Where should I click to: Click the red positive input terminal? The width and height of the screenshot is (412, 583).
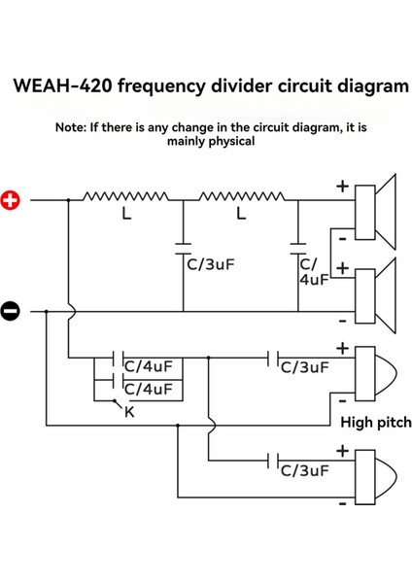tap(11, 200)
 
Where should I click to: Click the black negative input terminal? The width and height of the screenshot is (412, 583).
tap(11, 311)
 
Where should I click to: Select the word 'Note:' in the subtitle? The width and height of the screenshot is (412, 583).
tap(74, 126)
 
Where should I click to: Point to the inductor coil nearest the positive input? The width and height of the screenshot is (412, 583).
tap(126, 197)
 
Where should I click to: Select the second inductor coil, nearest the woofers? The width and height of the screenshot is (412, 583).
tap(241, 197)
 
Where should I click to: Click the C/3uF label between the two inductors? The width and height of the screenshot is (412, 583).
tap(209, 261)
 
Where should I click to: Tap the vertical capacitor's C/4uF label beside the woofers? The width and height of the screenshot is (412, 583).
tap(314, 269)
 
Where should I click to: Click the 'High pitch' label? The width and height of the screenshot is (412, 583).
tap(375, 423)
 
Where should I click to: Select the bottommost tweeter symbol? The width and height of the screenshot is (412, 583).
tap(375, 479)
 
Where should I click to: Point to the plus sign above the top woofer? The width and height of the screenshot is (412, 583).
tap(342, 185)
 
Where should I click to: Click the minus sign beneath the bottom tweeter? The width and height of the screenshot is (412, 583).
tap(342, 506)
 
